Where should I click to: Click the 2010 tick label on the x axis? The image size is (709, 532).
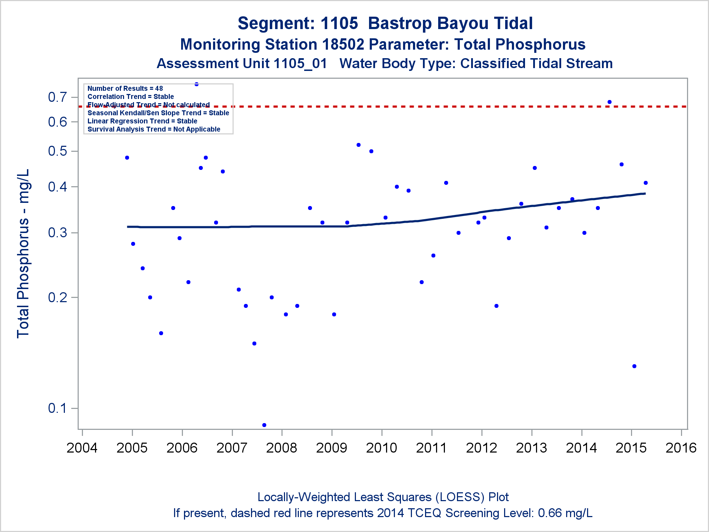381,448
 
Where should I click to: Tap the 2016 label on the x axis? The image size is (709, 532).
681,448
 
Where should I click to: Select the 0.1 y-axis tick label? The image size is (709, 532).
57,408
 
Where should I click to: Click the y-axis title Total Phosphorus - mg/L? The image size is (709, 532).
23,254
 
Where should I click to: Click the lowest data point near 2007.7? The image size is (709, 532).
264,425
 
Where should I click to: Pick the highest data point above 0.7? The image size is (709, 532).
196,84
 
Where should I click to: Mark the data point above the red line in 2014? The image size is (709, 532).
609,102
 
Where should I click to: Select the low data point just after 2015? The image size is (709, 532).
634,366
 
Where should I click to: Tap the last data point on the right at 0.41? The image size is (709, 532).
646,183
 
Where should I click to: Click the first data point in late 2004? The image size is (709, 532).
127,157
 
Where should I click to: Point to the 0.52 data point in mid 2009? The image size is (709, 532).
358,145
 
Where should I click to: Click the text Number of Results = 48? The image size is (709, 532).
125,88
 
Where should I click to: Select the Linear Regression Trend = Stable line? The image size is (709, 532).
142,121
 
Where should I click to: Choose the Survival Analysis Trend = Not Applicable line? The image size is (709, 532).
154,129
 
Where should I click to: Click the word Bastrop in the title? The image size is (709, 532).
398,23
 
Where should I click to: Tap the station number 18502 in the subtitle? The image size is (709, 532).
343,45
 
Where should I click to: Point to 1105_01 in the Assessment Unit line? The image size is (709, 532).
300,63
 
